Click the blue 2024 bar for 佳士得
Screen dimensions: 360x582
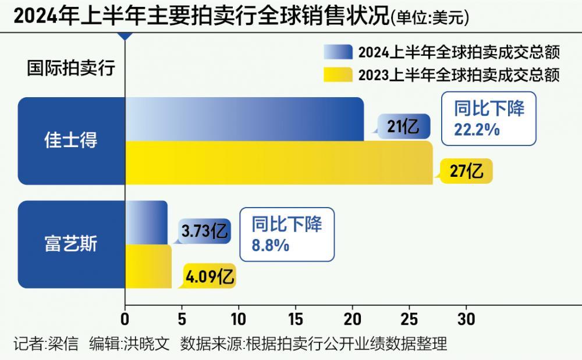tap(244, 119)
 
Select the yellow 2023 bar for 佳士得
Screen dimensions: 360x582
tap(279, 163)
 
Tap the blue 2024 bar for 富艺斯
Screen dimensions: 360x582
tap(146, 222)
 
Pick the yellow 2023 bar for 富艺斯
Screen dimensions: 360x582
tap(148, 266)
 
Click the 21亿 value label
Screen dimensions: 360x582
tap(403, 126)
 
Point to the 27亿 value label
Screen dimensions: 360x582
tap(467, 171)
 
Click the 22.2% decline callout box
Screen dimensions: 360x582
tap(488, 118)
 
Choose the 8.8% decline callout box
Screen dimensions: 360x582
tap(287, 234)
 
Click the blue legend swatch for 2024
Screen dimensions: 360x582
tap(338, 53)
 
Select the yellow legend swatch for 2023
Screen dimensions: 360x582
tap(338, 75)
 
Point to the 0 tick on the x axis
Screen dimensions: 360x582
tap(125, 319)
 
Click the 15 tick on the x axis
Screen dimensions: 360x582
tap(295, 319)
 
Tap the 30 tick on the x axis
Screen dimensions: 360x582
tap(466, 319)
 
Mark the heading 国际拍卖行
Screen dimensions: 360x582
tap(71, 68)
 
